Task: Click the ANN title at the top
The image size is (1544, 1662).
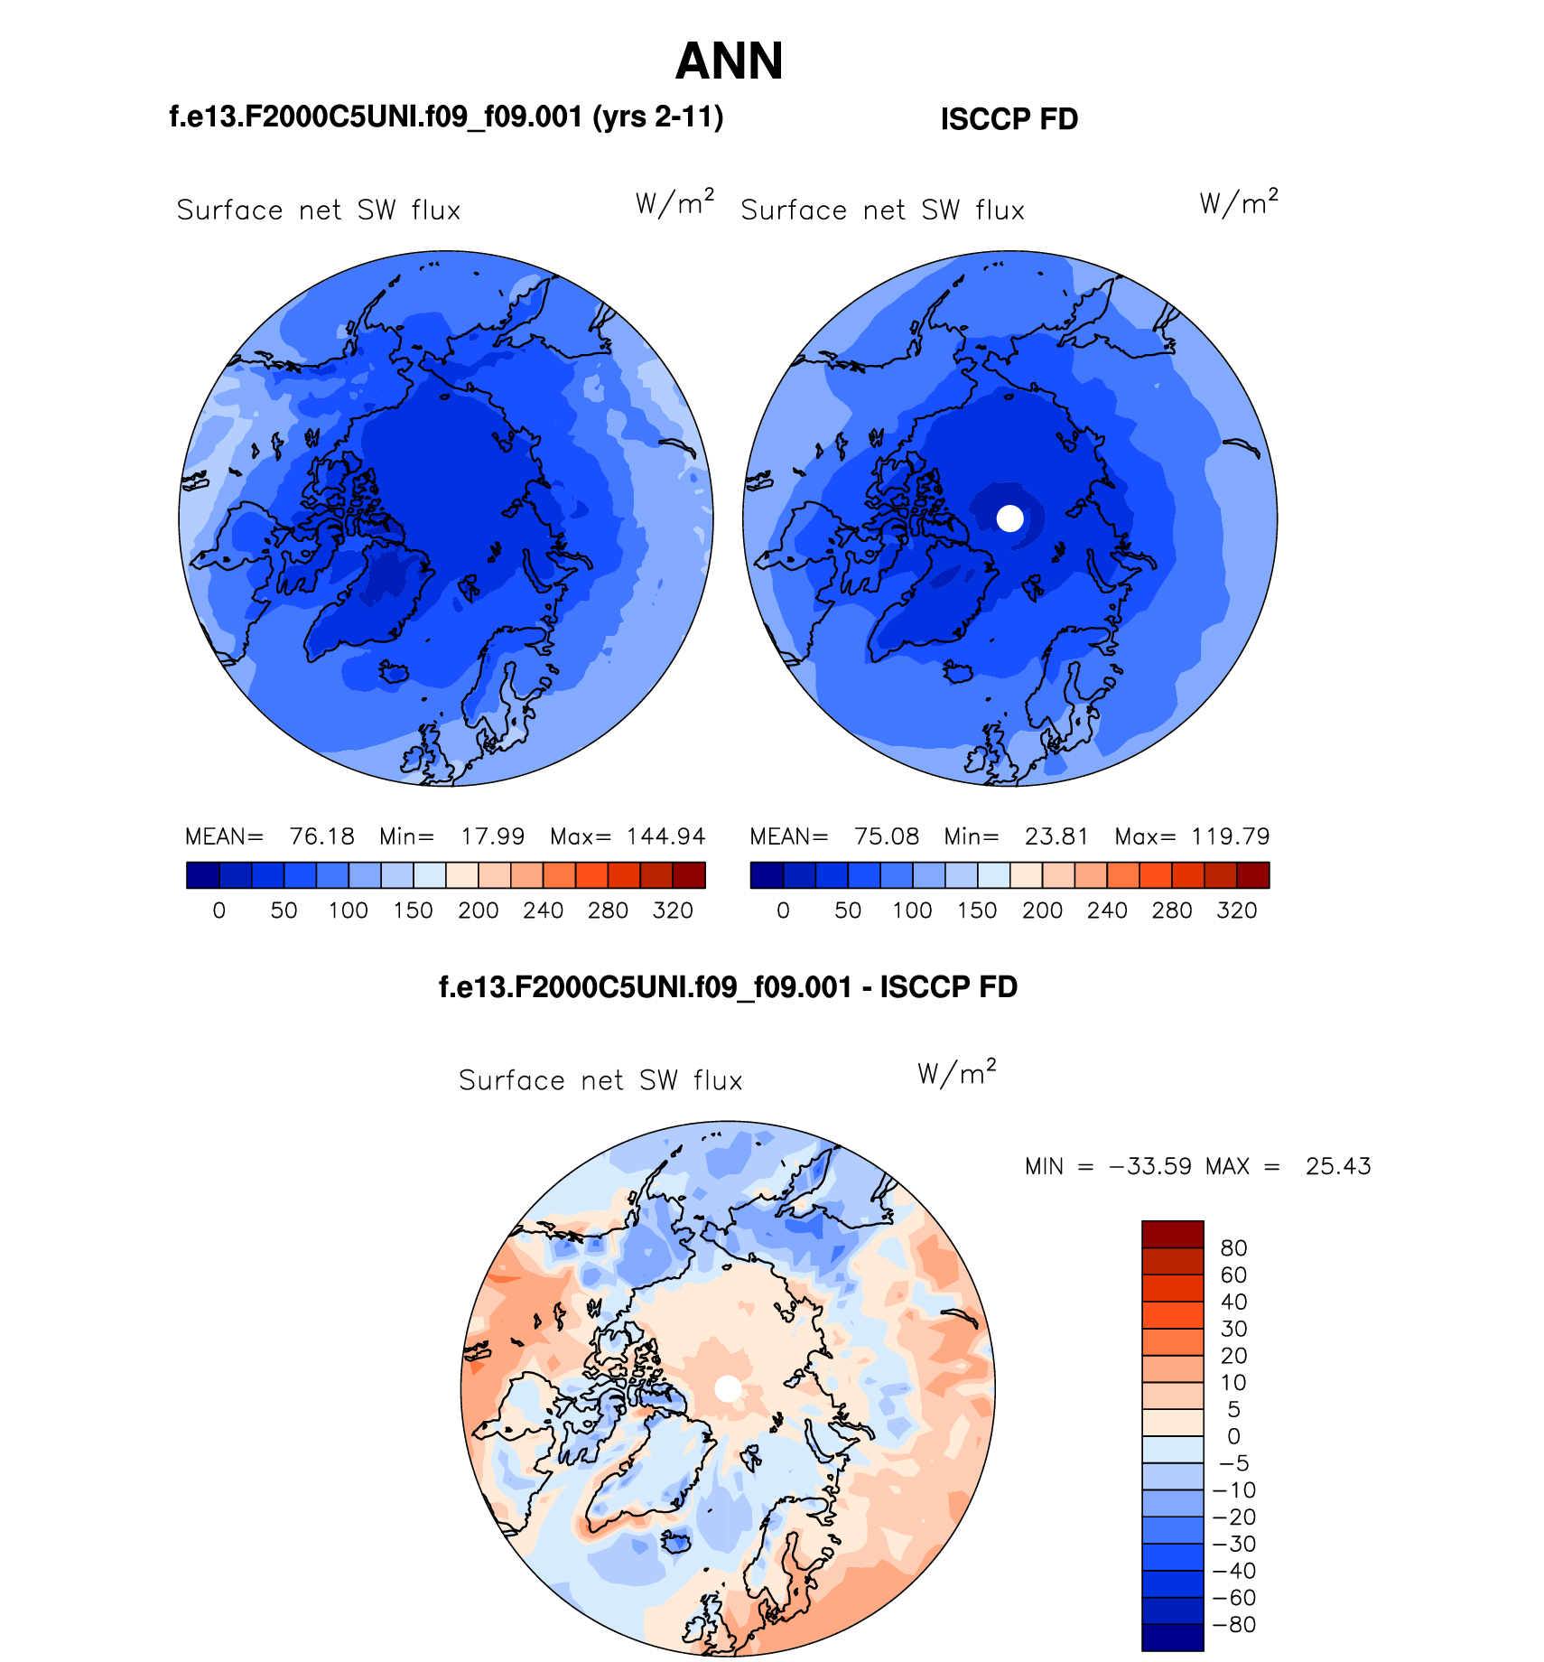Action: (x=729, y=61)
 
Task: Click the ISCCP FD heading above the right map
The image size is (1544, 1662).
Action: (x=1009, y=119)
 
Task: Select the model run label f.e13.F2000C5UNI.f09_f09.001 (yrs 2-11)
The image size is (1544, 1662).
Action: (x=446, y=117)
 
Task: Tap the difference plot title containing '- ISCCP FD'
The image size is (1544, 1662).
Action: (x=728, y=987)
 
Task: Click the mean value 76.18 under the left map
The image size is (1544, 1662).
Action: (x=321, y=836)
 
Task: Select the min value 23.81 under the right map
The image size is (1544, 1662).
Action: (x=1056, y=836)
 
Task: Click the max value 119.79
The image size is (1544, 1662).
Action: (x=1230, y=836)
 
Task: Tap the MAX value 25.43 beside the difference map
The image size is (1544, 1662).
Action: (x=1338, y=1166)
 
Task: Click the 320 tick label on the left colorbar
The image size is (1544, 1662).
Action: (x=673, y=910)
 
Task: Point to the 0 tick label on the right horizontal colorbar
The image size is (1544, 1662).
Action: (x=783, y=910)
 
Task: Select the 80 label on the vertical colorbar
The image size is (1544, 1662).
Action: (x=1233, y=1248)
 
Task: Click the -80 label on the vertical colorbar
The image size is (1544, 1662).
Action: (x=1234, y=1625)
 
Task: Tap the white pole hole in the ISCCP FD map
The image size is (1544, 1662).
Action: (x=1010, y=518)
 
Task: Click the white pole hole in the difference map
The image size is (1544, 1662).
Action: (x=728, y=1389)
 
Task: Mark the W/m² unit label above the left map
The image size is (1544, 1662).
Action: (x=674, y=202)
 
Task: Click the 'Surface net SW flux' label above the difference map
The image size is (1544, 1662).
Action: (x=600, y=1080)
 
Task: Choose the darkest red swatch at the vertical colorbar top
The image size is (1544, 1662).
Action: (x=1172, y=1234)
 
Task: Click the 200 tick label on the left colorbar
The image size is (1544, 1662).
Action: (x=479, y=910)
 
